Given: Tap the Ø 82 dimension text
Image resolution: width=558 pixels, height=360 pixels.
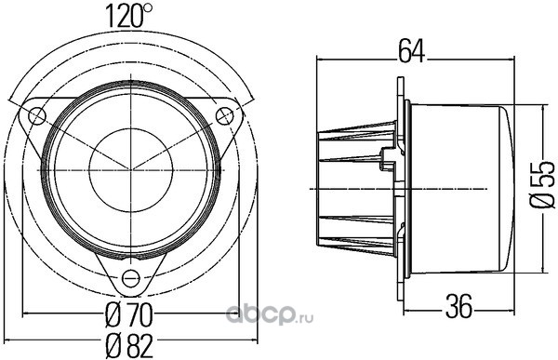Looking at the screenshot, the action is click(x=130, y=346).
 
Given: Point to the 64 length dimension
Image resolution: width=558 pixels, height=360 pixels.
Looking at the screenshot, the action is click(x=411, y=51).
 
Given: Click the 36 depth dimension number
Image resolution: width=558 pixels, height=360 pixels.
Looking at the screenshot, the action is click(x=459, y=305).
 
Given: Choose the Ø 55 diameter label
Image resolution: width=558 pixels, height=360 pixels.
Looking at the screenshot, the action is click(x=542, y=184).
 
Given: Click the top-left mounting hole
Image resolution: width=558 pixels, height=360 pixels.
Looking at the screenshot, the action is click(x=37, y=115).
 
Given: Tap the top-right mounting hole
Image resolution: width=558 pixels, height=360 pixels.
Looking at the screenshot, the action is click(x=225, y=115).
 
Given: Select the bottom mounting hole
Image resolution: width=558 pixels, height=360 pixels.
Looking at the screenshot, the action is click(x=130, y=278).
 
